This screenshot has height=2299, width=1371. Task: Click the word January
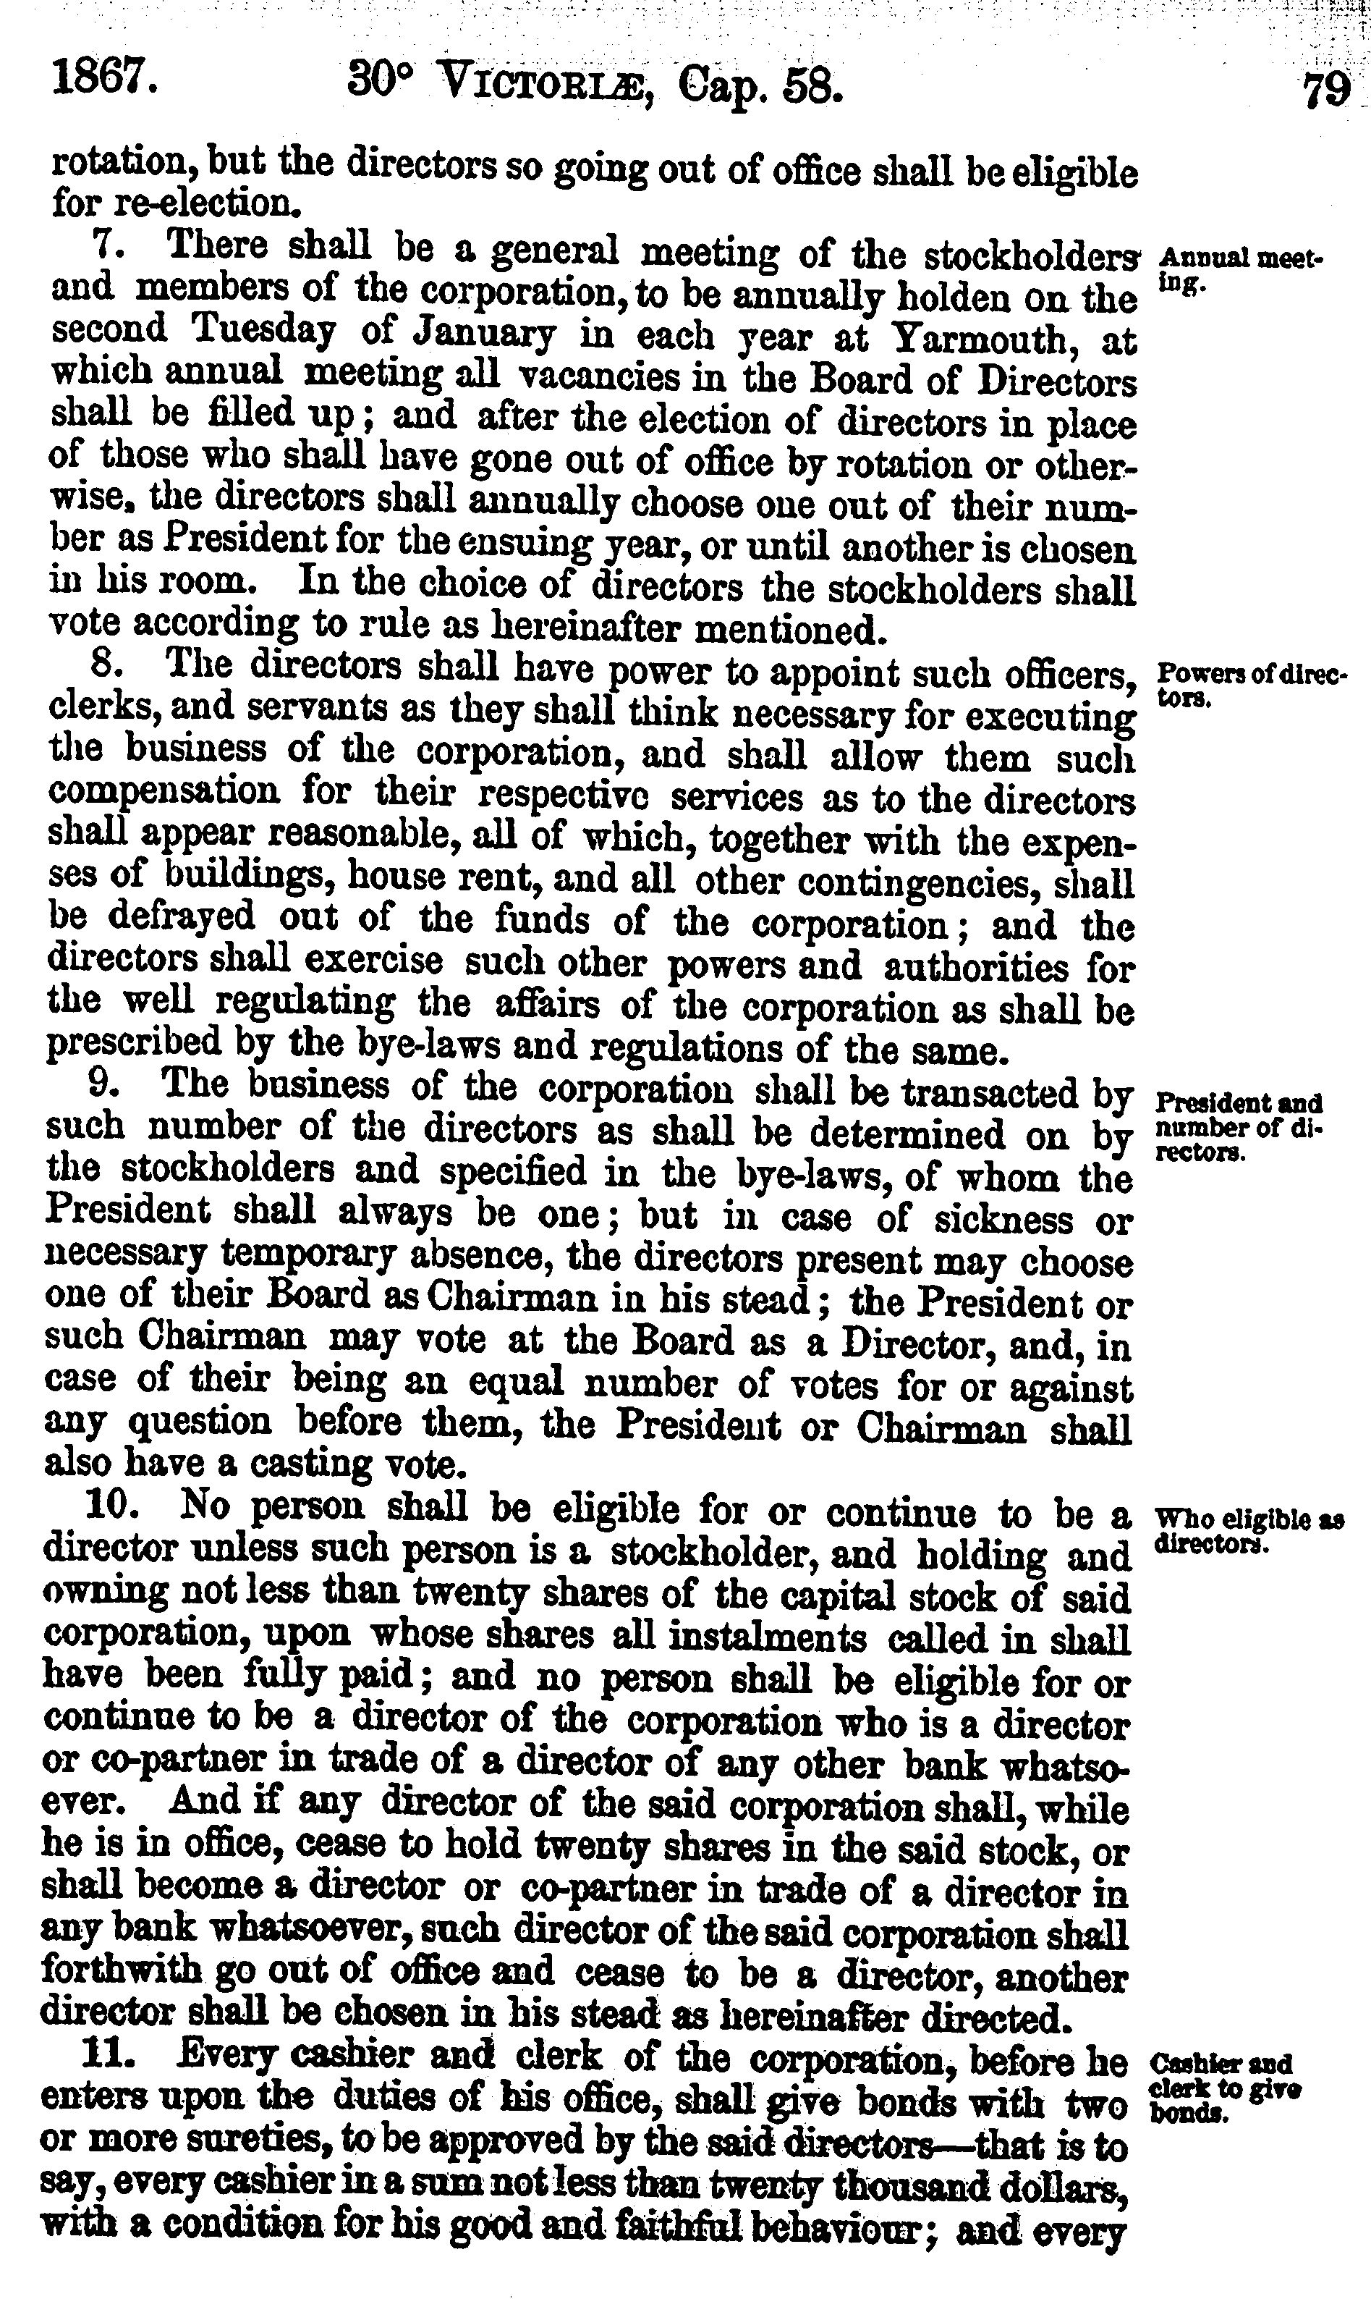(483, 334)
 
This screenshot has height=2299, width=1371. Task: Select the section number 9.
(103, 1083)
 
